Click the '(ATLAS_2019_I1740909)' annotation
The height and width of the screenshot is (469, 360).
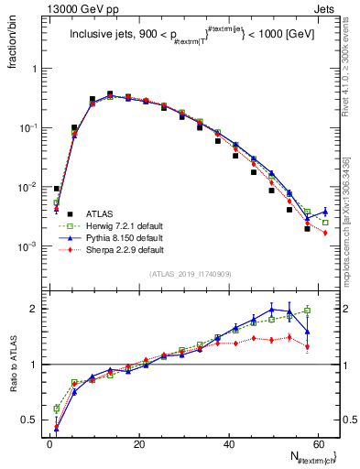tap(191, 274)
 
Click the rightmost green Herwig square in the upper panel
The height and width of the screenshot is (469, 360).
tap(325, 223)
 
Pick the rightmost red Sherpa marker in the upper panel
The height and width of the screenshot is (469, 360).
tap(325, 234)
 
